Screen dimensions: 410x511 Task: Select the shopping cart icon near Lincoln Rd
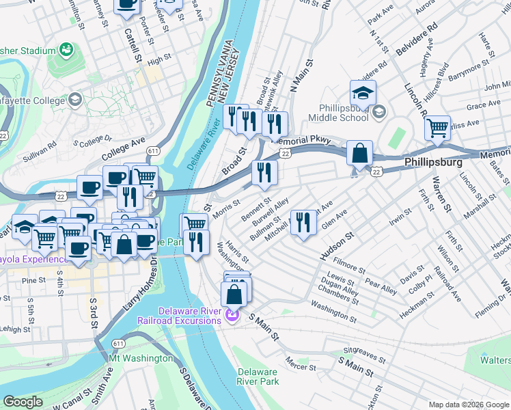437,127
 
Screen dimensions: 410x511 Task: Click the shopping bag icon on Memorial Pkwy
359,153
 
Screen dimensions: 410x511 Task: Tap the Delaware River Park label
257,377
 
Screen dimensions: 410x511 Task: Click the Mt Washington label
141,358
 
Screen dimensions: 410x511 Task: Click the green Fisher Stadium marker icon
66,50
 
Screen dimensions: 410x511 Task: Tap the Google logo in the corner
23,402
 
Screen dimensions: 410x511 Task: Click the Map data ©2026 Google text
468,405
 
